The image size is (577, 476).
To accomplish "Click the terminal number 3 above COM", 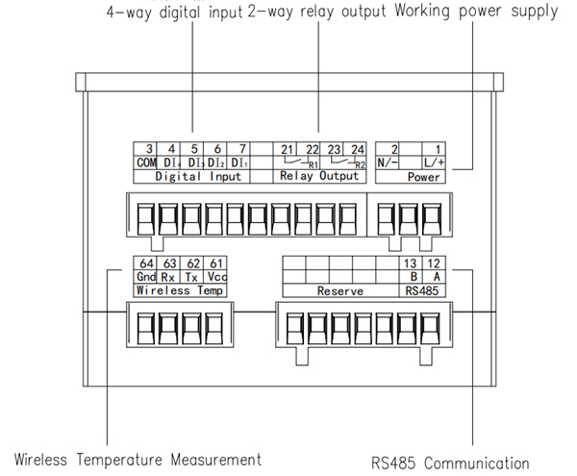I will point(150,148).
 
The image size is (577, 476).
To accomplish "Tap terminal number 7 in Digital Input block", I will point(241,148).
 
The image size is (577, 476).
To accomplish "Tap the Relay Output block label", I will point(319,177).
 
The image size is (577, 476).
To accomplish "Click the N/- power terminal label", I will point(389,163).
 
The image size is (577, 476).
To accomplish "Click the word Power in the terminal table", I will point(424,178).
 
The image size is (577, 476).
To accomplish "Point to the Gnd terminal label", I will point(145,276).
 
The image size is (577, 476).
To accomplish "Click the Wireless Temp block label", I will point(180,289).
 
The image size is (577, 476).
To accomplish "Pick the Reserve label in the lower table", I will point(339,289).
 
